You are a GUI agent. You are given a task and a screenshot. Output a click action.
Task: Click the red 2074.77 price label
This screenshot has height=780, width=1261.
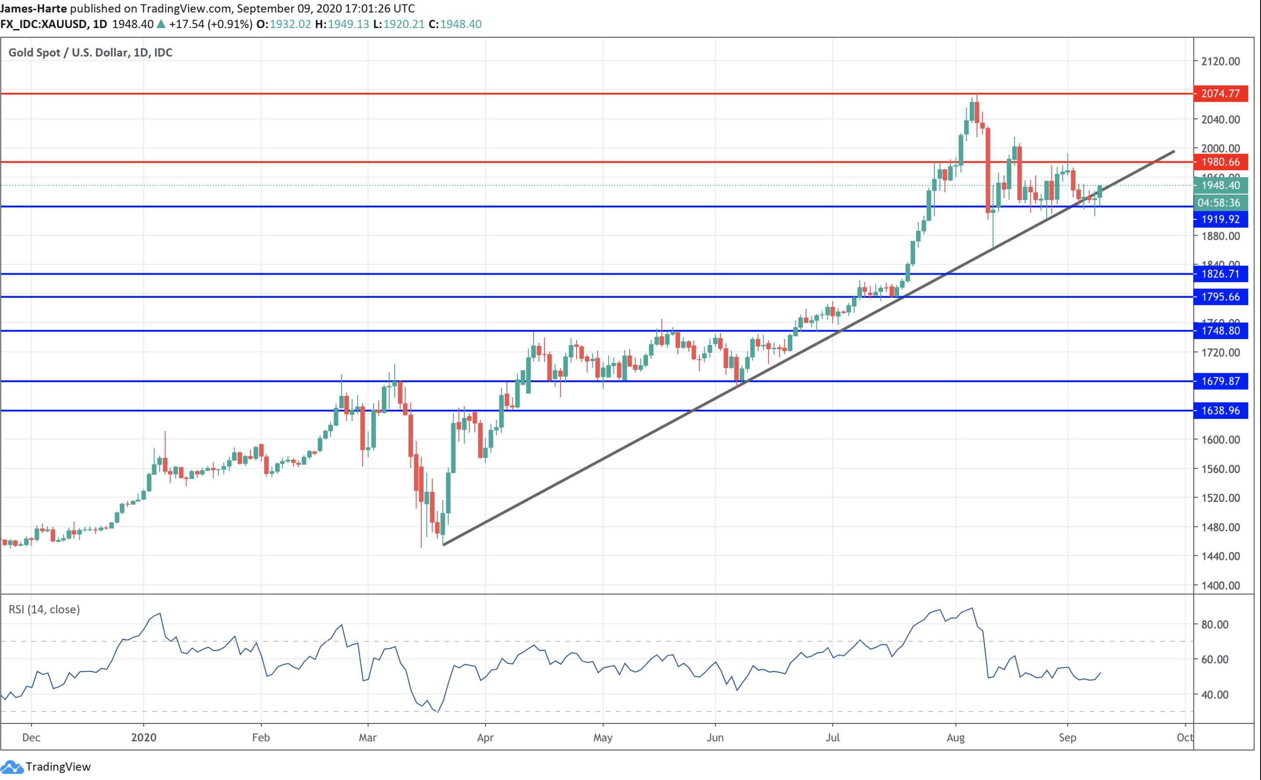point(1220,93)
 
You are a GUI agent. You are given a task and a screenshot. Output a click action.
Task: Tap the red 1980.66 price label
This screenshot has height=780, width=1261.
point(1220,162)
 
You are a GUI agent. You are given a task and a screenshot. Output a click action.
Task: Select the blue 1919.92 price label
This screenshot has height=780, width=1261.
point(1220,219)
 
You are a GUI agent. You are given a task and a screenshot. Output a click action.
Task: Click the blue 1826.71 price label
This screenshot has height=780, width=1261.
point(1220,274)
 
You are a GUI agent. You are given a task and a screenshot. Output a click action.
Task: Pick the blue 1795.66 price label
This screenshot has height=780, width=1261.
point(1220,297)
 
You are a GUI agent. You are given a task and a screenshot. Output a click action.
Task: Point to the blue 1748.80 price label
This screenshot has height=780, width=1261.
point(1220,331)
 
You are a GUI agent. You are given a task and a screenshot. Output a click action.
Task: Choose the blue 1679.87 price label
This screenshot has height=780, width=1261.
point(1220,381)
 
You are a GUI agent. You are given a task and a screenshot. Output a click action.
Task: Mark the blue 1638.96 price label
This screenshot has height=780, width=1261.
point(1220,411)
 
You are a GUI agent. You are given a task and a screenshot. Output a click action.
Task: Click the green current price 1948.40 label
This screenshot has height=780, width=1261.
point(1220,185)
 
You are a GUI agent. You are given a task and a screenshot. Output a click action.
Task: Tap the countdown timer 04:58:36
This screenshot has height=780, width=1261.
point(1220,203)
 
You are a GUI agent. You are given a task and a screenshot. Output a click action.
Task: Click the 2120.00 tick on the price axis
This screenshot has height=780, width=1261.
point(1220,61)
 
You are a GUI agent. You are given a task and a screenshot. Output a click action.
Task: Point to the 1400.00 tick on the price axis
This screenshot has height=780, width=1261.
point(1220,586)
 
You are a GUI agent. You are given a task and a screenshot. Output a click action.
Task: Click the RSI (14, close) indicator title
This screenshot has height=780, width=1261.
point(44,609)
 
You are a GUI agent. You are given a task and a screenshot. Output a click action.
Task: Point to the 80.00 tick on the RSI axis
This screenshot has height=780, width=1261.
point(1215,624)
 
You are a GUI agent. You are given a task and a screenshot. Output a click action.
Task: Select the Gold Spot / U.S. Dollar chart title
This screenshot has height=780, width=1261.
point(90,53)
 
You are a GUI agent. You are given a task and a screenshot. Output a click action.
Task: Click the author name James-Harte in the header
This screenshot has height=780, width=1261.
point(33,8)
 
